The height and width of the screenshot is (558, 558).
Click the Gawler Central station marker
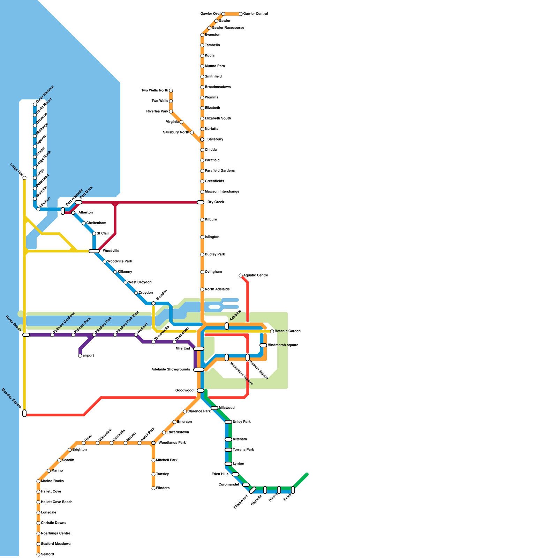pyautogui.click(x=241, y=14)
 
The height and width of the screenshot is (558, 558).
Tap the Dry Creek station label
pyautogui.click(x=216, y=202)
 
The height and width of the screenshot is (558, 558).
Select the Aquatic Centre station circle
pyautogui.click(x=241, y=276)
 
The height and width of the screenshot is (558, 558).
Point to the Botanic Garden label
pyautogui.click(x=287, y=331)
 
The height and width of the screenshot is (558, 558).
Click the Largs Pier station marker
pyautogui.click(x=24, y=178)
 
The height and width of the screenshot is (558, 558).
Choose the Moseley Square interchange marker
pyautogui.click(x=24, y=413)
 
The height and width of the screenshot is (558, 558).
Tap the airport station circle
pyautogui.click(x=80, y=356)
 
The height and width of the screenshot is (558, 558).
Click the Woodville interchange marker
pyautogui.click(x=94, y=251)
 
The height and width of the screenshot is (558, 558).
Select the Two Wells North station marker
pyautogui.click(x=171, y=91)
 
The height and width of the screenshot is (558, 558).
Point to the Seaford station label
pyautogui.click(x=47, y=555)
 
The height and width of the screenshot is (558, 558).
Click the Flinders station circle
pyautogui.click(x=153, y=488)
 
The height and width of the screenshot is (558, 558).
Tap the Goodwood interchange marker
pyautogui.click(x=201, y=391)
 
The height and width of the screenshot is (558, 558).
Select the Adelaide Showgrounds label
pyautogui.click(x=171, y=370)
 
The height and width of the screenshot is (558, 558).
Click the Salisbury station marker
pyautogui.click(x=202, y=139)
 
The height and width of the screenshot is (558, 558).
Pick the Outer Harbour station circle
pyautogui.click(x=35, y=105)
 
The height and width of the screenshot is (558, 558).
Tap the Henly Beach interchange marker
pyautogui.click(x=26, y=335)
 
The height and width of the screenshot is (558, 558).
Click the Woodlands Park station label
pyautogui.click(x=172, y=443)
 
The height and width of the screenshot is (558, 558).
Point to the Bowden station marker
pyautogui.click(x=153, y=303)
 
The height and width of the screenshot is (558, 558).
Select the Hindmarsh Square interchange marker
pyautogui.click(x=263, y=345)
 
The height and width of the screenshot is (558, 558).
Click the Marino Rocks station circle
pyautogui.click(x=38, y=481)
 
